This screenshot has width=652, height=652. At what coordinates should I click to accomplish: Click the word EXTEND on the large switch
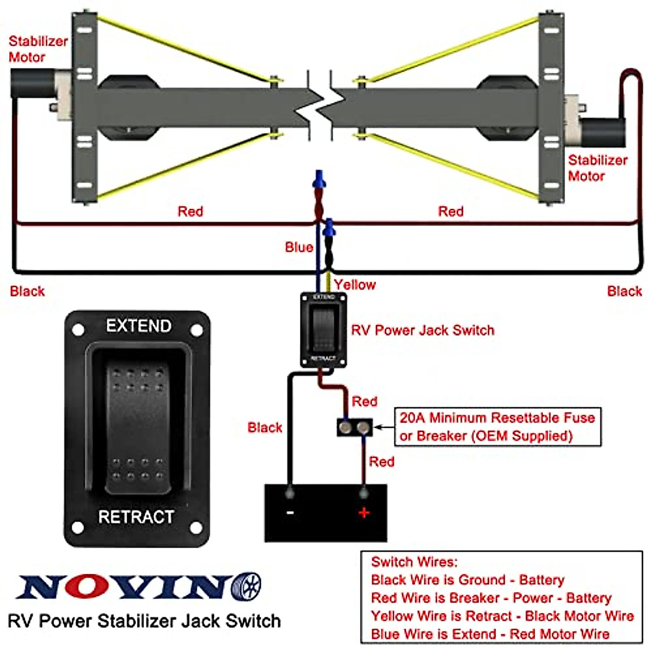click(x=139, y=325)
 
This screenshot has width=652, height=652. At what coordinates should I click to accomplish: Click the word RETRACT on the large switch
click(x=136, y=517)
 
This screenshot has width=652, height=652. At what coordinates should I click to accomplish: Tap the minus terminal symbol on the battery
click(x=290, y=512)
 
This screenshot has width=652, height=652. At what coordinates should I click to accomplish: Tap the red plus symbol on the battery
click(x=363, y=512)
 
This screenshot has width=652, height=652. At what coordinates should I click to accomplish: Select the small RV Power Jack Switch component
click(x=324, y=330)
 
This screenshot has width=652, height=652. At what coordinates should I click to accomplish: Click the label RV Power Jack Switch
click(x=423, y=330)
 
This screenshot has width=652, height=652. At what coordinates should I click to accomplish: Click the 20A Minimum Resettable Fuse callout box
click(x=497, y=427)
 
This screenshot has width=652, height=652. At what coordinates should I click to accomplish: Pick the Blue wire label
click(x=299, y=247)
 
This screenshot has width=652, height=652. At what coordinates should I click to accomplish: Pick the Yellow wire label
click(x=355, y=285)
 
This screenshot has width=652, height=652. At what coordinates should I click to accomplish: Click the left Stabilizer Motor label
click(x=38, y=49)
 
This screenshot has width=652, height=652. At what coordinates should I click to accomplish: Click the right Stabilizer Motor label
click(x=597, y=168)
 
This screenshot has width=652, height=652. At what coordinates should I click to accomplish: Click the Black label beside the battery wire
click(x=265, y=428)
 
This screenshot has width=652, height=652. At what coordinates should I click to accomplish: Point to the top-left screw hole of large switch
click(x=78, y=329)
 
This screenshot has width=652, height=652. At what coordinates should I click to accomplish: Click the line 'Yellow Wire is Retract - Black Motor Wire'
click(x=502, y=616)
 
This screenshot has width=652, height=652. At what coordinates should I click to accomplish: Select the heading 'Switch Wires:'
click(x=414, y=562)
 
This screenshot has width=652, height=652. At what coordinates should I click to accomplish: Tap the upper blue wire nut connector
click(x=319, y=179)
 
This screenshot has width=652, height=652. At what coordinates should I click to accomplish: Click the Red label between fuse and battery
click(x=381, y=462)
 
